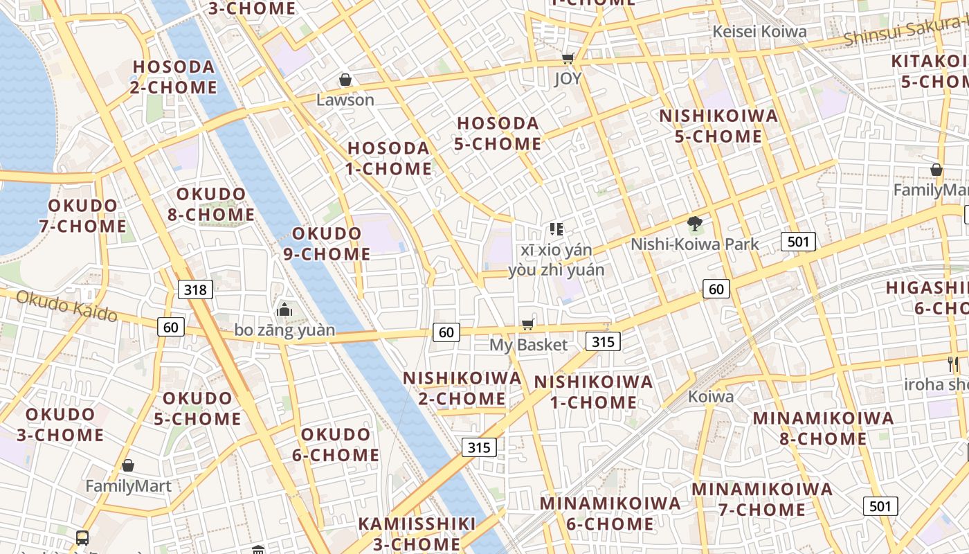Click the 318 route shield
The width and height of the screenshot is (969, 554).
(x=195, y=289)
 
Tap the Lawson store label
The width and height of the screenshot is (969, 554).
(x=345, y=100)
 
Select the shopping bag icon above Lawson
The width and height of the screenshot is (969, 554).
(x=345, y=80)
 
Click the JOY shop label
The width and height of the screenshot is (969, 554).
(x=568, y=79)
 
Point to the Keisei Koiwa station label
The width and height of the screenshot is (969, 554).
(x=759, y=32)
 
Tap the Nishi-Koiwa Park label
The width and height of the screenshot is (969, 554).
(x=694, y=244)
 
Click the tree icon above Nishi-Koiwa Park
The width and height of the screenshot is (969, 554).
(x=694, y=224)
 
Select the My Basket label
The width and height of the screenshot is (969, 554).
(x=528, y=345)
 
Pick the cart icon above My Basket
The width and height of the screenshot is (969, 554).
(x=527, y=325)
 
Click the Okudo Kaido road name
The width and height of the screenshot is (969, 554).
(x=66, y=305)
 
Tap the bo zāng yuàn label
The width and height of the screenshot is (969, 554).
(x=284, y=330)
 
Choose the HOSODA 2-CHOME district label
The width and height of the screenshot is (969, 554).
(x=174, y=77)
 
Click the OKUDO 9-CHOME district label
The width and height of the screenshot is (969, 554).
(x=327, y=243)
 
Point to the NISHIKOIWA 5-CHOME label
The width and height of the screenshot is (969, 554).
(x=718, y=126)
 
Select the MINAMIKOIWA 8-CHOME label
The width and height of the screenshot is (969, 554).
(x=823, y=428)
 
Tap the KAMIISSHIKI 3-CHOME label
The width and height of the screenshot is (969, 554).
(x=417, y=533)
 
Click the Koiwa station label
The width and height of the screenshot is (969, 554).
(x=711, y=397)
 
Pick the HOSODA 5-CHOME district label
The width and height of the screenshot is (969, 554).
(x=498, y=134)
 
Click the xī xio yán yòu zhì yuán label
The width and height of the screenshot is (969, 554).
(x=556, y=260)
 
